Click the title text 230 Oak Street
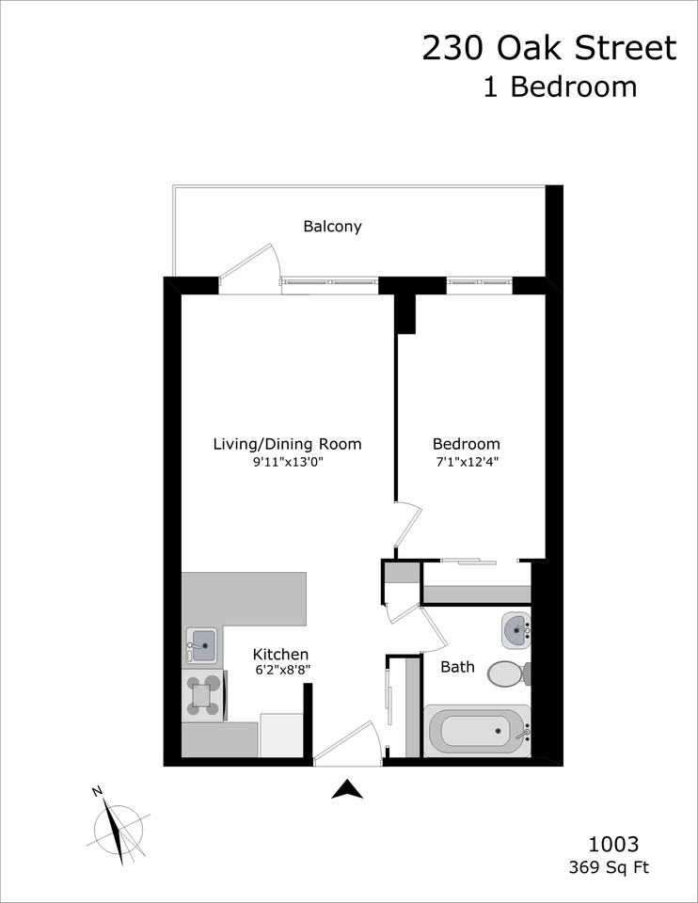(x=548, y=48)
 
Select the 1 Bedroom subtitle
(x=560, y=87)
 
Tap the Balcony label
(x=332, y=227)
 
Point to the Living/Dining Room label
(x=287, y=444)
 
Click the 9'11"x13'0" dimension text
(x=287, y=462)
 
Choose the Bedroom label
(x=466, y=444)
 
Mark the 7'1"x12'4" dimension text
(x=466, y=462)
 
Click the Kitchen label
(x=280, y=654)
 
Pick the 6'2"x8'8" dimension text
(x=282, y=671)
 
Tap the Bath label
(x=458, y=667)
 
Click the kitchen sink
(x=201, y=645)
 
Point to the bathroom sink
(x=516, y=630)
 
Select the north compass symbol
(x=119, y=823)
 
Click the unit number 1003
(x=614, y=844)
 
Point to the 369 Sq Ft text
(x=608, y=867)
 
